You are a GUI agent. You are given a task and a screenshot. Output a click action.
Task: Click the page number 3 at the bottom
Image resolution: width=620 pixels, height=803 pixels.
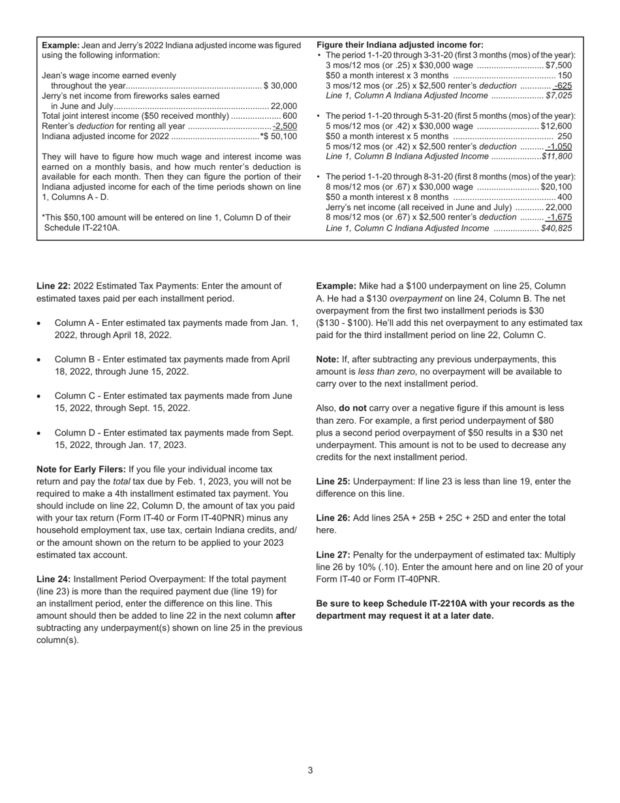coord(310,770)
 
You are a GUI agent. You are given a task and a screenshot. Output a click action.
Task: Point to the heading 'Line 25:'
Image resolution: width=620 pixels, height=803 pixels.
coord(333,481)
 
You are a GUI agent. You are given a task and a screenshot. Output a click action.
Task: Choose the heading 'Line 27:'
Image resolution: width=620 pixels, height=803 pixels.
coord(333,554)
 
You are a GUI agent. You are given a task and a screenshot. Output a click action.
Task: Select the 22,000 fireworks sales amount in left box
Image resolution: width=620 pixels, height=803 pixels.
coord(284,106)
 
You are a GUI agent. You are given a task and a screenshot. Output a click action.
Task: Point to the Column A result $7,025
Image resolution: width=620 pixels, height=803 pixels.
coord(559,95)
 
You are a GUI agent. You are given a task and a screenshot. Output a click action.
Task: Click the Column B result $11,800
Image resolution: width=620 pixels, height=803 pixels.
coord(557,157)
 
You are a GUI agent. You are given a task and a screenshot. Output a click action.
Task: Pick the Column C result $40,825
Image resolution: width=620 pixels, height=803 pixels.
coord(557,228)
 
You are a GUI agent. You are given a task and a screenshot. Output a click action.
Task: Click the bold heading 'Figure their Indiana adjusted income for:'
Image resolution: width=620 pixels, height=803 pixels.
coord(399,45)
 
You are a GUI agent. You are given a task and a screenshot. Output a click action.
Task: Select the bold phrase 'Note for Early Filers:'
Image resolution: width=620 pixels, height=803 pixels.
coord(82,469)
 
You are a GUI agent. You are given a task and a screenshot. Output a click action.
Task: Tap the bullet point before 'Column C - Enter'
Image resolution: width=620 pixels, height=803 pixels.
coord(40,396)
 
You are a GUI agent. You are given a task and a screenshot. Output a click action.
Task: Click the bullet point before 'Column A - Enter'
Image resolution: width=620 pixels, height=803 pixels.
coord(40,323)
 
